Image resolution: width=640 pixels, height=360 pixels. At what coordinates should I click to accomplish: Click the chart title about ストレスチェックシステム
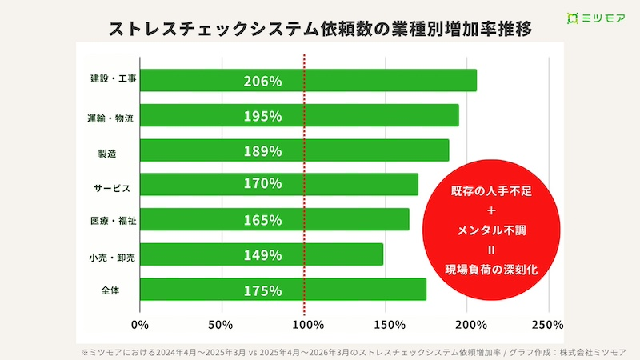coord(320,29)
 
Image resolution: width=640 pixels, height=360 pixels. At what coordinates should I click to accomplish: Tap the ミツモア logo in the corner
coord(596,18)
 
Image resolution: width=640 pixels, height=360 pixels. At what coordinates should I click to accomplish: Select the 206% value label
coord(263,81)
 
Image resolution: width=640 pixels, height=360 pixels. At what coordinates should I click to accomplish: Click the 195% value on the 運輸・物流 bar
coord(263,116)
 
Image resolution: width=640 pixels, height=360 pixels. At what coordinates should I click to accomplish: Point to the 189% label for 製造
coord(263,150)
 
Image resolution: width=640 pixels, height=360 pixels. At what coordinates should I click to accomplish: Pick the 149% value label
coord(263,255)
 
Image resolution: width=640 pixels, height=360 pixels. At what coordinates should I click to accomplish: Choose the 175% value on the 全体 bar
coord(263,290)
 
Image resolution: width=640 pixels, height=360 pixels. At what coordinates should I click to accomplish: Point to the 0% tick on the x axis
coord(140,326)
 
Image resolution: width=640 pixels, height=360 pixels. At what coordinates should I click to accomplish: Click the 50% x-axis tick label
coord(220,326)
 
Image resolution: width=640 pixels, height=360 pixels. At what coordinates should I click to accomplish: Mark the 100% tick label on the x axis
coord(305,326)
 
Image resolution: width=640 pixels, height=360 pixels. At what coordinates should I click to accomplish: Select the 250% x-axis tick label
coord(548,326)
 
